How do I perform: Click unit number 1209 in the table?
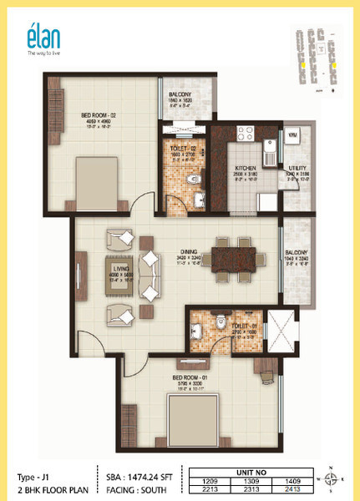click(x=211, y=483)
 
